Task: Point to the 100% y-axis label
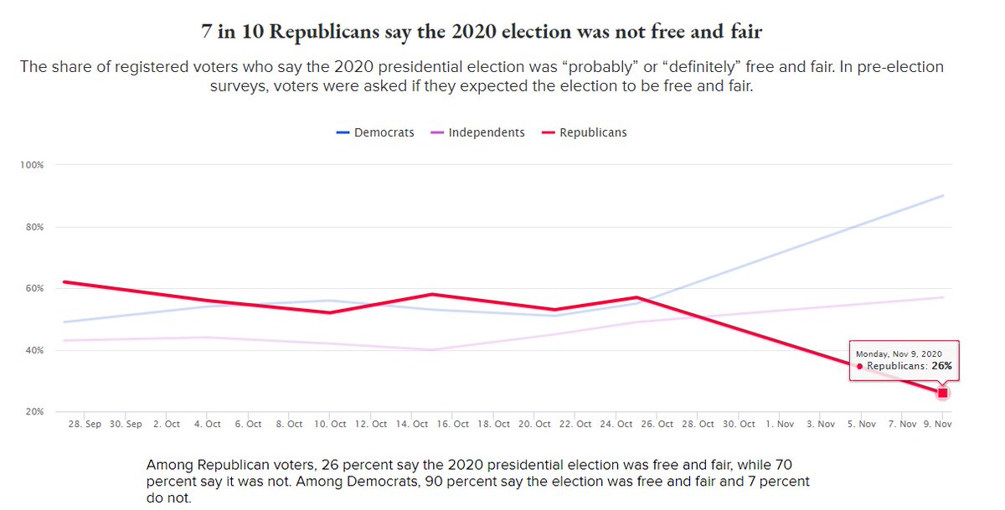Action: (x=32, y=165)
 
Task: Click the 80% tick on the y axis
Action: (x=33, y=227)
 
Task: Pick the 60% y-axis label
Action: (x=33, y=289)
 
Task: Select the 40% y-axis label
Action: (x=33, y=351)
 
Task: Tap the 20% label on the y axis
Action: (x=33, y=412)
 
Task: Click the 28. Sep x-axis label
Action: (x=85, y=424)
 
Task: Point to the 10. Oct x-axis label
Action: (x=329, y=424)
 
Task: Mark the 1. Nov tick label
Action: (x=780, y=424)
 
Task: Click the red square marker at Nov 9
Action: (x=943, y=393)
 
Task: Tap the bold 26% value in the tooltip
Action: (x=941, y=366)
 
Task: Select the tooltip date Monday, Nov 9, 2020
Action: (x=899, y=354)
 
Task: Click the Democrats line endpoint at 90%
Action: (x=944, y=195)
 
